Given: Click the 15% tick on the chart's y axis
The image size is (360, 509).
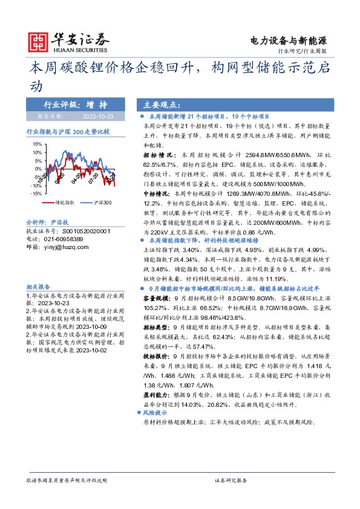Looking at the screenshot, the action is click(x=36, y=144).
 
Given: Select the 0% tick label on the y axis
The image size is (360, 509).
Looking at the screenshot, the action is click(x=38, y=169).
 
